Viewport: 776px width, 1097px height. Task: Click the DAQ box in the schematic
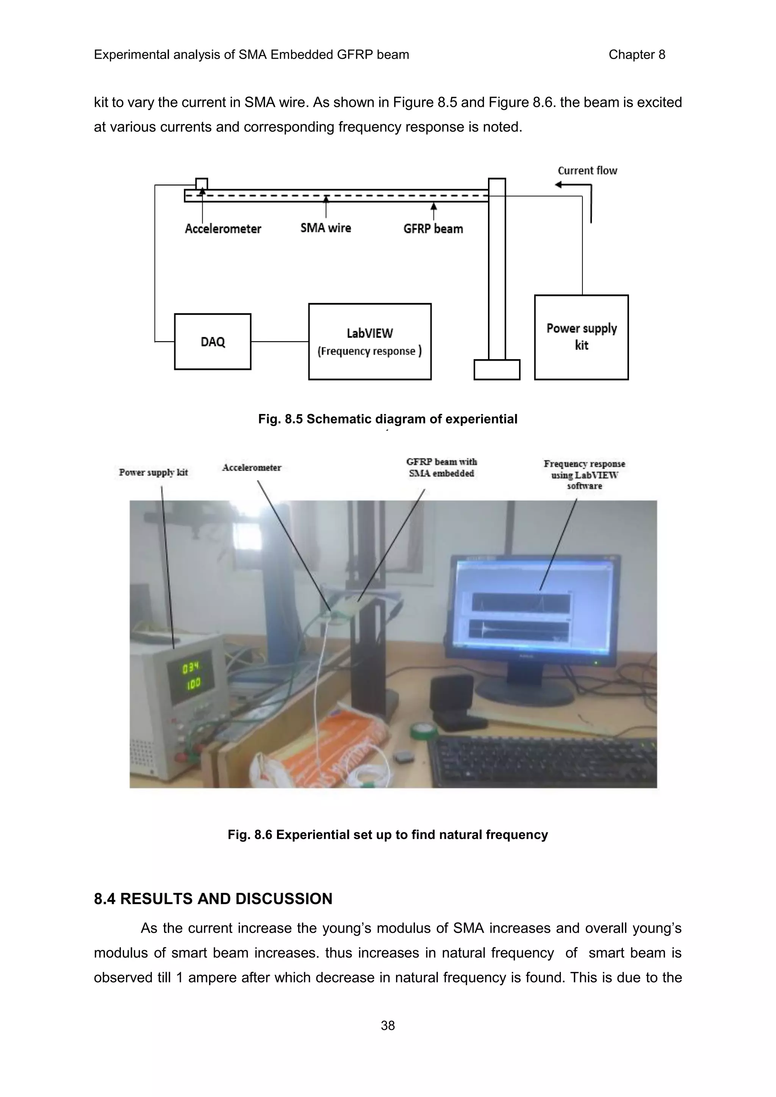pos(213,342)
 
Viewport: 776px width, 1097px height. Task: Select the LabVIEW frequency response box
pos(369,342)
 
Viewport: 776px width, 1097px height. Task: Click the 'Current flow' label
pos(587,170)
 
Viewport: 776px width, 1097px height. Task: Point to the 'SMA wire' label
pos(325,228)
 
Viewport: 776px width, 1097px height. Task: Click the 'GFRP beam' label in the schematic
pos(433,229)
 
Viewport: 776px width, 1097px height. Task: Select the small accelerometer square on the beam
pos(202,183)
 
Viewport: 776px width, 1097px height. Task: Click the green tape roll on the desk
pos(423,730)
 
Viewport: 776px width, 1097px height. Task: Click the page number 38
pos(388,1025)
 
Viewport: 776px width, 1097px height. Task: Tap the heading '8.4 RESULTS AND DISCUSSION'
pos(213,899)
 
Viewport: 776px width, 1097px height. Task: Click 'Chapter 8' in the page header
pos(637,55)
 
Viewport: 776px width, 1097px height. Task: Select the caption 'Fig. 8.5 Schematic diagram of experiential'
pos(388,419)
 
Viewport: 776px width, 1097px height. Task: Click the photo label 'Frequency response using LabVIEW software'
pos(584,474)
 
